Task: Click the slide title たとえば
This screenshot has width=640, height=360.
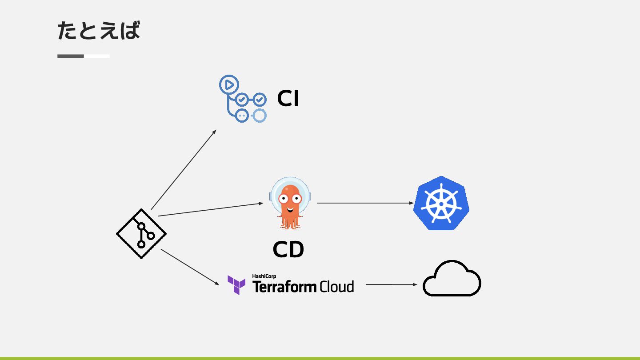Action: pos(99,31)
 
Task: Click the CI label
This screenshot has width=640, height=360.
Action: pos(288,99)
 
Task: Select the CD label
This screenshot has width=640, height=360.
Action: pos(288,250)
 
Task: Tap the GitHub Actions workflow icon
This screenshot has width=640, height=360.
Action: pos(243,99)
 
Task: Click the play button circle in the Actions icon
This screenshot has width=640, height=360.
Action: pos(229,84)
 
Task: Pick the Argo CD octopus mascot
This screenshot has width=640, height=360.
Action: pos(290,203)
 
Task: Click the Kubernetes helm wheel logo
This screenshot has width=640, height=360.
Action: pos(441,203)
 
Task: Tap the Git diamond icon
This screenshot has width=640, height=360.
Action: pos(141,234)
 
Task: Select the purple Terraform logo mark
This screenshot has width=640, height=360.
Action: pos(236,285)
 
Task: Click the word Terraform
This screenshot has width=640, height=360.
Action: pos(285,287)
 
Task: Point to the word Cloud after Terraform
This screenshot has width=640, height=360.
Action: pos(337,287)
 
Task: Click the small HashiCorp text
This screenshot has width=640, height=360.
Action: pos(264,276)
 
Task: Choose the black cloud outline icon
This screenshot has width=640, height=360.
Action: pos(452,279)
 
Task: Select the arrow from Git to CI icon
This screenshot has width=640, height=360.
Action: pos(183,170)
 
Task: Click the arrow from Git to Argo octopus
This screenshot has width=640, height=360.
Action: pos(210,210)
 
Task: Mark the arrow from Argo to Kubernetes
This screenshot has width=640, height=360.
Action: pos(364,203)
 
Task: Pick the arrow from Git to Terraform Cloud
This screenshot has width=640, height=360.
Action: pos(190,267)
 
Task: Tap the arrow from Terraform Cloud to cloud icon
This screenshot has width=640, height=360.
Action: pos(391,284)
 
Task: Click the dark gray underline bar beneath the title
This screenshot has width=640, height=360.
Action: pos(71,56)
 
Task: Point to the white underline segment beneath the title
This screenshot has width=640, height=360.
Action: pos(97,56)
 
